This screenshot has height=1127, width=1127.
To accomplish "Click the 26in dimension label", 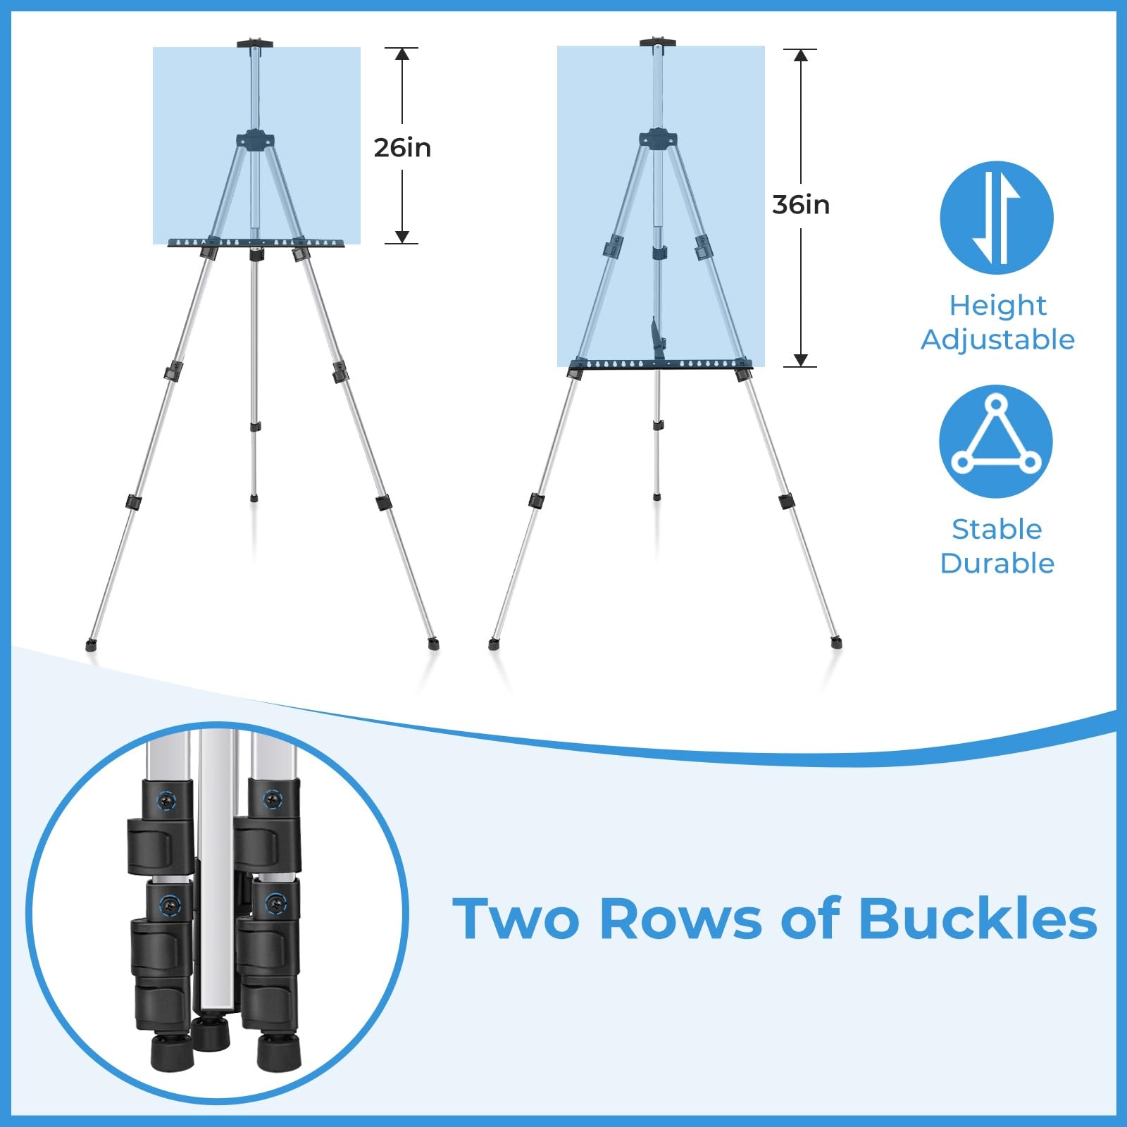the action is click(402, 148).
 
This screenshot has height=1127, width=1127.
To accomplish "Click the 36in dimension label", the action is click(801, 205).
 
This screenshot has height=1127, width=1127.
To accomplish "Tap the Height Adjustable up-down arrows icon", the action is click(997, 218).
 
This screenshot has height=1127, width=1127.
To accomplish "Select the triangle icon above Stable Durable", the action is click(996, 442).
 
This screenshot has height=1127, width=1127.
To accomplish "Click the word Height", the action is click(997, 306).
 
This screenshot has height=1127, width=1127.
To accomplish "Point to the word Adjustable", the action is click(997, 340).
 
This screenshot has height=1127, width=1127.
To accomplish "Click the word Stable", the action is click(997, 529).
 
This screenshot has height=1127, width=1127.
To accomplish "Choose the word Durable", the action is click(997, 563).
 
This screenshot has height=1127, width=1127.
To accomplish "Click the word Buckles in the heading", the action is click(978, 919).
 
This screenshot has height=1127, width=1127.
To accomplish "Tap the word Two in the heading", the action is click(516, 919).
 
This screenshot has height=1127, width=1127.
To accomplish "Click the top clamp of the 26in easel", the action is click(254, 44).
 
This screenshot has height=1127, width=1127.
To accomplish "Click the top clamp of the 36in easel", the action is click(657, 42).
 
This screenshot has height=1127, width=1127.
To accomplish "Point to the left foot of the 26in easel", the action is click(90, 645).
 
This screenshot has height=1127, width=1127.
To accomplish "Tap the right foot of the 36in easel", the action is click(836, 642).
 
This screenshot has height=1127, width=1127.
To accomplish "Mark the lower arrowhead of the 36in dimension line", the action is click(801, 360).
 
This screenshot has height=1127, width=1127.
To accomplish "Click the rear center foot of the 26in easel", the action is click(254, 498).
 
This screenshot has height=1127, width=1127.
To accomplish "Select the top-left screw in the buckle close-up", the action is click(167, 799).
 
